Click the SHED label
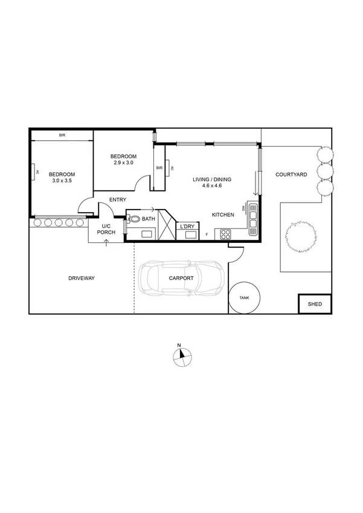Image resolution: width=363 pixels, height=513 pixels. click(x=315, y=304)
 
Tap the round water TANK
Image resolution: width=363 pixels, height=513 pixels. click(x=245, y=298)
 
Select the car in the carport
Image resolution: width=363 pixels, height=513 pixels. click(x=182, y=279)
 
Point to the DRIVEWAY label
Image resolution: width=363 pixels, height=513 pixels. click(x=82, y=279)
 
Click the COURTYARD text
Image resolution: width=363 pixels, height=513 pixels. click(x=291, y=175)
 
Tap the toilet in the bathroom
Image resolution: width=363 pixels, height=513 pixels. click(x=134, y=219)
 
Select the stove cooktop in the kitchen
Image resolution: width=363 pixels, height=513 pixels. click(x=226, y=233)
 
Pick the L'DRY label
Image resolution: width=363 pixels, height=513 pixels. click(x=187, y=227)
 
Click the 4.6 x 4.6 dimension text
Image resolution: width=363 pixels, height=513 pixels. click(x=212, y=186)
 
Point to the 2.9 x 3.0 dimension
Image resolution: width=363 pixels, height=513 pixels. click(x=123, y=163)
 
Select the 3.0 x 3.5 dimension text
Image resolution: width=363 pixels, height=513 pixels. click(x=62, y=181)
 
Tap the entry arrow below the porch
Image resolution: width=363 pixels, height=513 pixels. click(x=107, y=243)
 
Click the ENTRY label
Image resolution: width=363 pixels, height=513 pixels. click(x=118, y=199)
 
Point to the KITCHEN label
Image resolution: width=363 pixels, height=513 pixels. click(x=223, y=215)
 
